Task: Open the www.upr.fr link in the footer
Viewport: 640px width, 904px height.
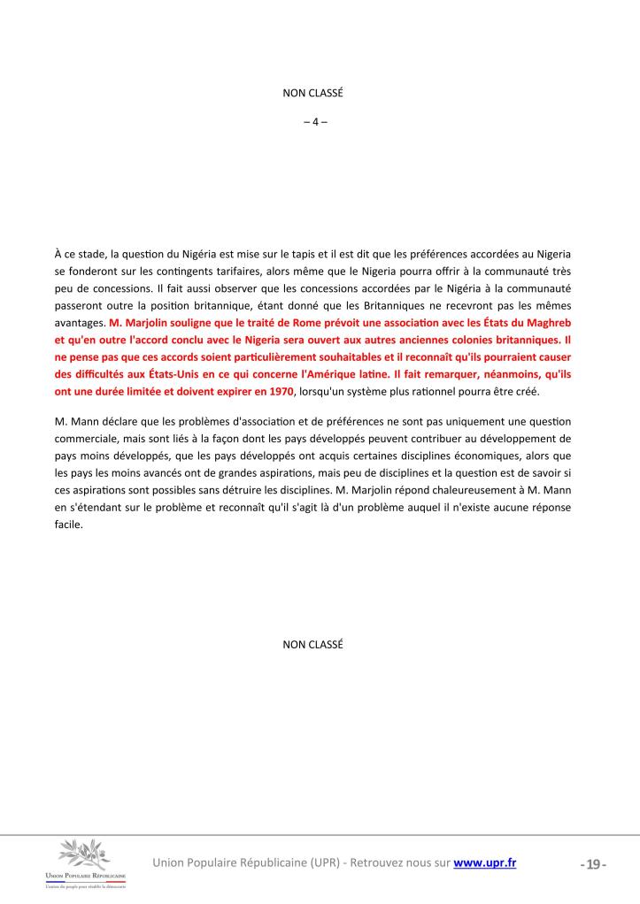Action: click(x=485, y=862)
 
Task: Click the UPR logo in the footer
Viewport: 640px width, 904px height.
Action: click(x=94, y=863)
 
